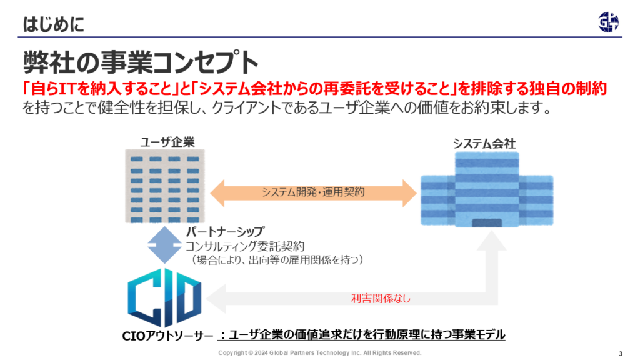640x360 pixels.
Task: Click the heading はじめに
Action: [54, 24]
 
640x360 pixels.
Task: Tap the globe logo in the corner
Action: [609, 22]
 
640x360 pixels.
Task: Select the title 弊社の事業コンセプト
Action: [141, 62]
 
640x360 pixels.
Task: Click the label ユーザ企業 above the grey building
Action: [167, 142]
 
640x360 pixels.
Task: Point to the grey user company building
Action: [165, 186]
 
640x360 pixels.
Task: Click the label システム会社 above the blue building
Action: [484, 144]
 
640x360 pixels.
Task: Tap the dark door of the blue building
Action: [487, 223]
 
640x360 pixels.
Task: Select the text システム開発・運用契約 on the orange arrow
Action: [313, 192]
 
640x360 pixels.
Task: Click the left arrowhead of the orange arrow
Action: [217, 193]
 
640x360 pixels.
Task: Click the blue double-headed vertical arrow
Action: [164, 245]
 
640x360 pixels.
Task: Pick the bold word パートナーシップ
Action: [225, 231]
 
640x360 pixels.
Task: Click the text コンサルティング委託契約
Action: [245, 246]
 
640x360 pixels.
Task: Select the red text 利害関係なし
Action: [381, 298]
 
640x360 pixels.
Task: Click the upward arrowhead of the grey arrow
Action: [492, 241]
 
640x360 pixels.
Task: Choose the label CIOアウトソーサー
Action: [167, 336]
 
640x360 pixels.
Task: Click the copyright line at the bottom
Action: [319, 352]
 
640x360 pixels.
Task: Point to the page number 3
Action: [621, 354]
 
